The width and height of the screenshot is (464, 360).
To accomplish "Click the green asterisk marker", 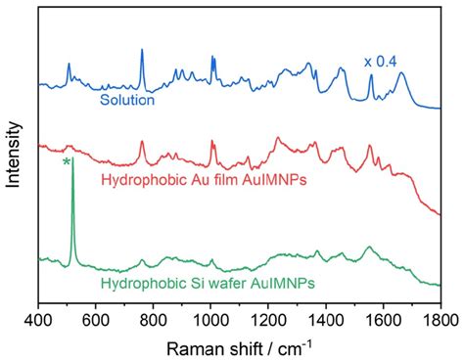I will pyautogui.click(x=67, y=162).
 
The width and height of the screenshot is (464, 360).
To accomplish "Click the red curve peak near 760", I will pyautogui.click(x=142, y=142).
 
